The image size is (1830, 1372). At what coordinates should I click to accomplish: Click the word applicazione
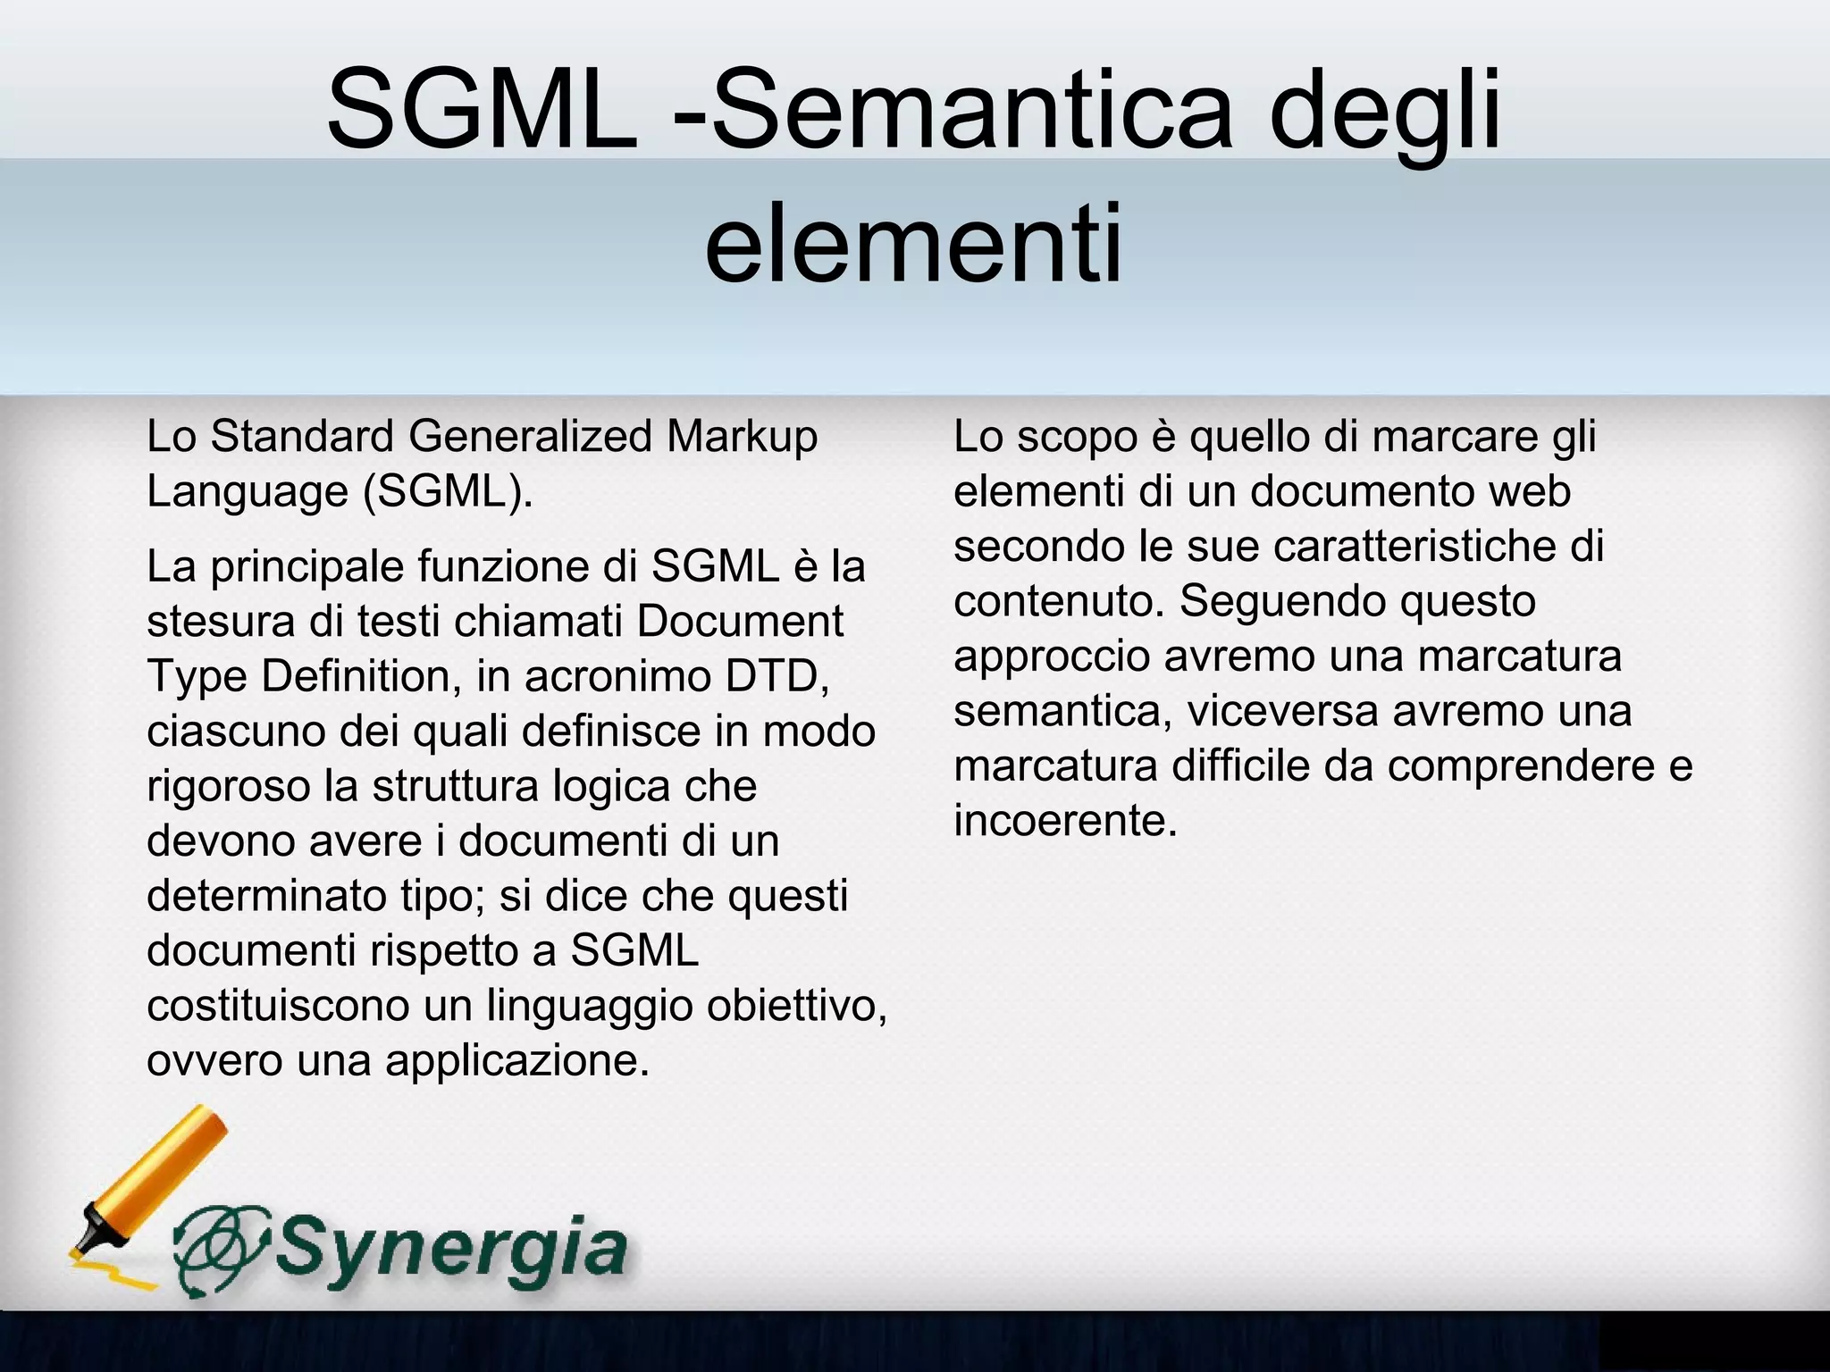point(517,1061)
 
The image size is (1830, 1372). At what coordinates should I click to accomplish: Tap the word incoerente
point(1065,821)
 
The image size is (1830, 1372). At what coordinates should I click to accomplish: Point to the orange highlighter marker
point(147,1188)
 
